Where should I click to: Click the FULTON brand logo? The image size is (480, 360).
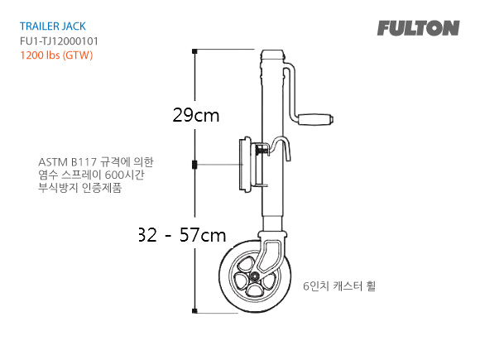coord(418,28)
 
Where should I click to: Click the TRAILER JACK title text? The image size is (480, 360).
coord(53,26)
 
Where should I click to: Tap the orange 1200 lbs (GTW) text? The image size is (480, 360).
coord(55,55)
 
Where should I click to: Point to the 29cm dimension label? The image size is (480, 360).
coord(196,116)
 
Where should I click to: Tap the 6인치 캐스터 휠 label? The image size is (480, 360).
coord(339,286)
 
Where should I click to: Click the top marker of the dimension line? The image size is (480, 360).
coord(194,51)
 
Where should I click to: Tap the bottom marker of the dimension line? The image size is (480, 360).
coord(194,314)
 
